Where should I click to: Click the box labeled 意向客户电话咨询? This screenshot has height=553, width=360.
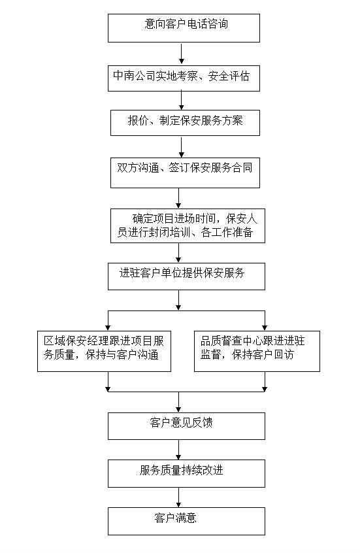[x=184, y=28]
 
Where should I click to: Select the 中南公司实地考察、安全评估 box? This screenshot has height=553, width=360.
[x=184, y=78]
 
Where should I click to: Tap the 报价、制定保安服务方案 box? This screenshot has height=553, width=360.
[x=185, y=123]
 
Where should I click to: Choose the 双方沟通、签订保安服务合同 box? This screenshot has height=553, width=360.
[x=185, y=173]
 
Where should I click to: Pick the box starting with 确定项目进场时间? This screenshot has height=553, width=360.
[x=188, y=226]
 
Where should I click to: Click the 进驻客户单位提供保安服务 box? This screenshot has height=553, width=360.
[x=186, y=276]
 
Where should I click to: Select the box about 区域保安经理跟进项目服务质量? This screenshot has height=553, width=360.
[x=104, y=351]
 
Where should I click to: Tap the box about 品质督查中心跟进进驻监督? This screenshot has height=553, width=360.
[x=257, y=351]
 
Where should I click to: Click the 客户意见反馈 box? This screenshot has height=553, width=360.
[x=186, y=426]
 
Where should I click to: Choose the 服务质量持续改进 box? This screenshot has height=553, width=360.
[x=186, y=474]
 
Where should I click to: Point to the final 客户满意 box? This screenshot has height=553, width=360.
[x=186, y=521]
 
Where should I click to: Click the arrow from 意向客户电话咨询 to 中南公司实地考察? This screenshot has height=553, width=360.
[x=182, y=54]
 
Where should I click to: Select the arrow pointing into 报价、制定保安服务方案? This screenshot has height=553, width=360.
[x=182, y=100]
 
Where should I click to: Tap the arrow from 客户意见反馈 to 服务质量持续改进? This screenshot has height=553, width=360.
[x=178, y=450]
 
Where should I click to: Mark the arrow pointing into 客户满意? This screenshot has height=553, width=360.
[x=178, y=497]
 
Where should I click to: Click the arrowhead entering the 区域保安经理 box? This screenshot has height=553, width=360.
[x=108, y=328]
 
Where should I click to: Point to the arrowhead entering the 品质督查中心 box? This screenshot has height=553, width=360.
[x=265, y=328]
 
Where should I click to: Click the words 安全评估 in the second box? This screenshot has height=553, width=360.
[x=229, y=76]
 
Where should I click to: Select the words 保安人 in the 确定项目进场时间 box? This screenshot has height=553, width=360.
[x=242, y=219]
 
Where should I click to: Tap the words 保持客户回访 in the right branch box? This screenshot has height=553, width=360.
[x=263, y=354]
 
